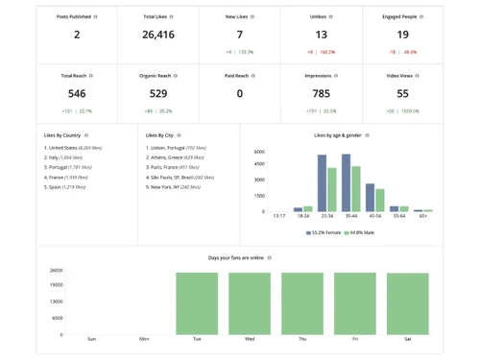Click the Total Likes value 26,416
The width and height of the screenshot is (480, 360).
click(x=157, y=35)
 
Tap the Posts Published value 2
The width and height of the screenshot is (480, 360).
click(x=77, y=35)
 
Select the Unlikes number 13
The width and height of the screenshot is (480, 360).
click(x=321, y=35)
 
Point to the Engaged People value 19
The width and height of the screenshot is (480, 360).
click(x=401, y=35)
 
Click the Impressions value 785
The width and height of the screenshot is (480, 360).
click(x=321, y=94)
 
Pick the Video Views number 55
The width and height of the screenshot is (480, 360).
click(x=401, y=94)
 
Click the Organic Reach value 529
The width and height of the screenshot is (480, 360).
click(x=157, y=94)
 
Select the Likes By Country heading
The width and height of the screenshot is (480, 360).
click(x=64, y=135)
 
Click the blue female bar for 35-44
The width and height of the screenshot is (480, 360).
click(x=347, y=182)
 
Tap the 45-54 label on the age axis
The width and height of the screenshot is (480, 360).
click(x=375, y=217)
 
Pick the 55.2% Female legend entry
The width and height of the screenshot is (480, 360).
click(x=324, y=231)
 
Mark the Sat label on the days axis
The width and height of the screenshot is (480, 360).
click(x=407, y=340)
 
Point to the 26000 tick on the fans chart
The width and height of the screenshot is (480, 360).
click(x=56, y=271)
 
